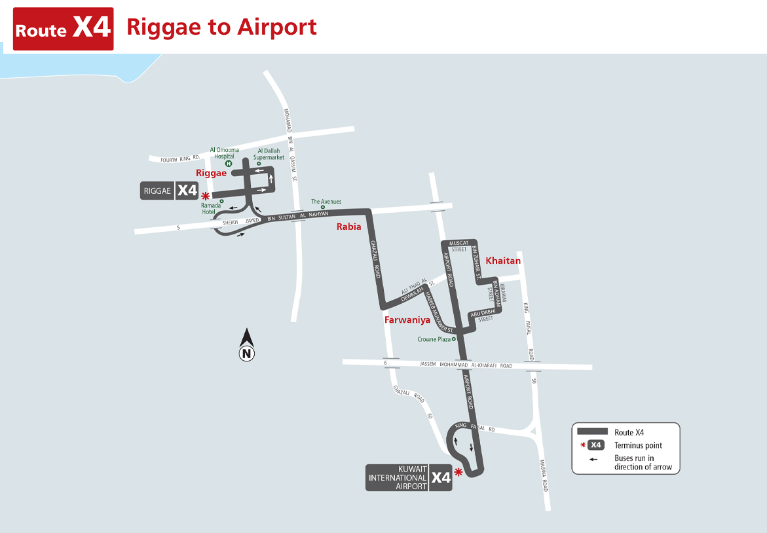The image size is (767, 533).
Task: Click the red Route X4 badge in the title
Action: tap(64, 29)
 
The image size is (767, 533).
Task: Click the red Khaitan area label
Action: tap(503, 261)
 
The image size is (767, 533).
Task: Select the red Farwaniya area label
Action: tap(407, 320)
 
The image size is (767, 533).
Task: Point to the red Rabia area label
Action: tap(348, 227)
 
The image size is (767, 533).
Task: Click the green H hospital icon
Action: tap(229, 163)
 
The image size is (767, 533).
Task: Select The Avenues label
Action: tap(326, 202)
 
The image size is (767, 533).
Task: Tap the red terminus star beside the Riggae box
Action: tap(206, 196)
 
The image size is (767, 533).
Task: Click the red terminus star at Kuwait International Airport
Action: tap(458, 472)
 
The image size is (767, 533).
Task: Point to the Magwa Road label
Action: tap(544, 475)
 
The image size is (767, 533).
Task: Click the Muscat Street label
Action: tap(458, 246)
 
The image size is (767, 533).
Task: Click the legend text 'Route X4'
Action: tap(629, 432)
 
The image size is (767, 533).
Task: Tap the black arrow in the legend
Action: tap(593, 458)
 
